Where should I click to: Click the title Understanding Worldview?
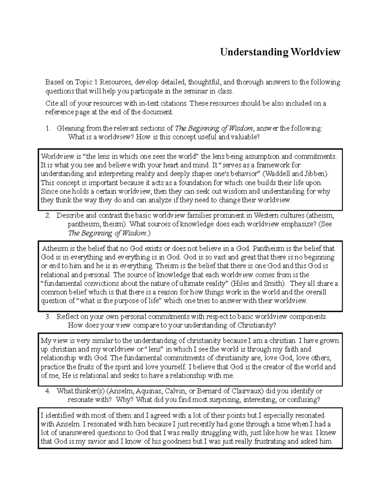[280, 52]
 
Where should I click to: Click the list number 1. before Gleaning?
[48, 129]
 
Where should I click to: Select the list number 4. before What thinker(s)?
[48, 391]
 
